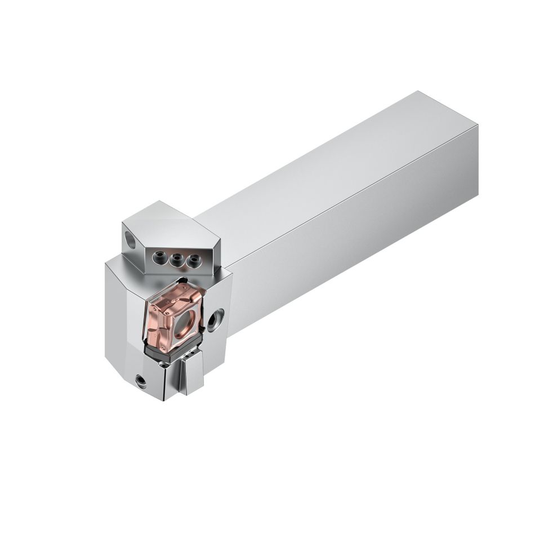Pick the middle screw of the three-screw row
(x=177, y=259)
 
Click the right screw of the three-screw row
(x=194, y=260)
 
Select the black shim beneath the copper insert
(x=169, y=355)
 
